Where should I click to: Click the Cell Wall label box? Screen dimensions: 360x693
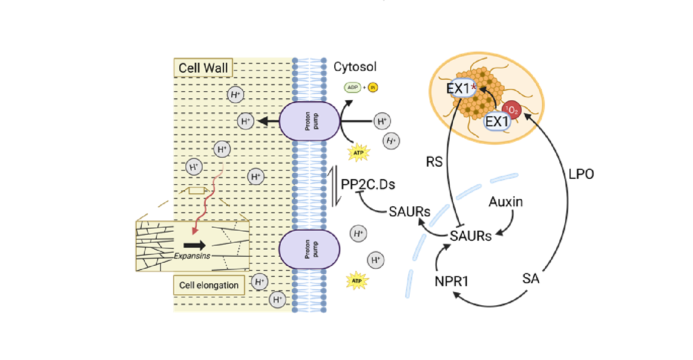pyautogui.click(x=203, y=68)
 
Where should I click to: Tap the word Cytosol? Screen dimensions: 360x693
pyautogui.click(x=355, y=67)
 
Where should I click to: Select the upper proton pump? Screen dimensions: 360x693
pyautogui.click(x=309, y=121)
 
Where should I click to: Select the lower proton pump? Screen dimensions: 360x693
pyautogui.click(x=309, y=249)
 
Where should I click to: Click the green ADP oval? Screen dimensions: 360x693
pyautogui.click(x=352, y=87)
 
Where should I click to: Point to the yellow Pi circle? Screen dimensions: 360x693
pyautogui.click(x=373, y=87)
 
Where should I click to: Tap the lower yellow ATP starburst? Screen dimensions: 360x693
pyautogui.click(x=357, y=281)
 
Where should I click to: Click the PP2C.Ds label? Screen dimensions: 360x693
pyautogui.click(x=368, y=184)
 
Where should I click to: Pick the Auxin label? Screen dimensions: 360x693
pyautogui.click(x=506, y=202)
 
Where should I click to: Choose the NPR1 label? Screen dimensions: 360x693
pyautogui.click(x=451, y=281)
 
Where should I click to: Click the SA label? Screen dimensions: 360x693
pyautogui.click(x=531, y=279)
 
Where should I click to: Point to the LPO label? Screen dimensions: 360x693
pyautogui.click(x=581, y=174)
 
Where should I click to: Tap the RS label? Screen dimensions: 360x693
pyautogui.click(x=434, y=162)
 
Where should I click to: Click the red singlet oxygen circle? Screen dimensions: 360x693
pyautogui.click(x=512, y=110)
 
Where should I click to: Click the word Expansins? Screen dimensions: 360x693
pyautogui.click(x=192, y=256)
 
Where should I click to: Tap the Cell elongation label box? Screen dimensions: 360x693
pyautogui.click(x=209, y=285)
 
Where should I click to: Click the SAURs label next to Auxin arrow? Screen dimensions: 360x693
pyautogui.click(x=470, y=236)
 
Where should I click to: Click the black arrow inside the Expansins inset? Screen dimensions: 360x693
pyautogui.click(x=194, y=245)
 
